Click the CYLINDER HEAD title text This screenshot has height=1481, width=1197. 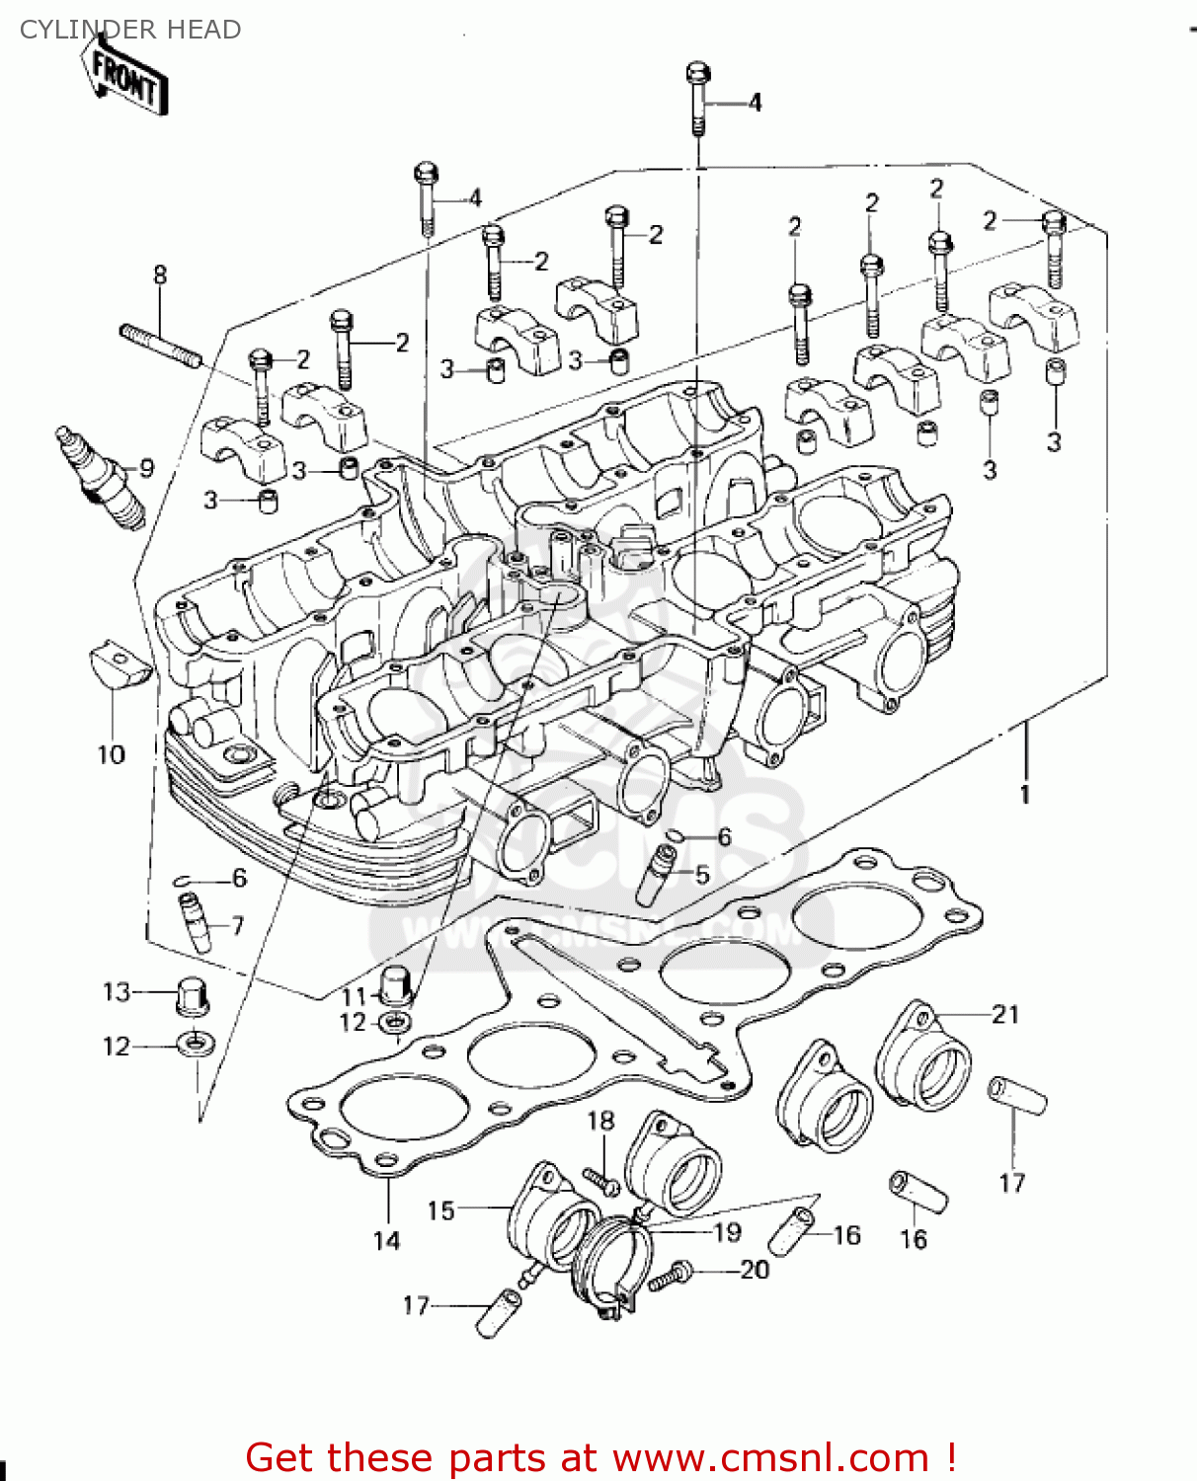[130, 30]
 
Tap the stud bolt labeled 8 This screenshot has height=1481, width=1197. [161, 345]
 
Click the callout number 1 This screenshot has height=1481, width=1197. [1025, 794]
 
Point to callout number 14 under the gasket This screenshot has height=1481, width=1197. [387, 1240]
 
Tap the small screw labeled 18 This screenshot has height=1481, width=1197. [599, 1179]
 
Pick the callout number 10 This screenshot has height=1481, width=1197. [112, 755]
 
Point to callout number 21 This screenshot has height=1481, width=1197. [1005, 1014]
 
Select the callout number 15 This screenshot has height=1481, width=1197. [440, 1210]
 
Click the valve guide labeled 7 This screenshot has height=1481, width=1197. [194, 920]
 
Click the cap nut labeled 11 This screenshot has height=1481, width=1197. [396, 983]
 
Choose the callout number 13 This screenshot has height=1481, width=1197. [117, 991]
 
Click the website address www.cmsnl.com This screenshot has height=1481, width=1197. [770, 1457]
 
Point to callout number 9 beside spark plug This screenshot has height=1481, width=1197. [146, 468]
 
